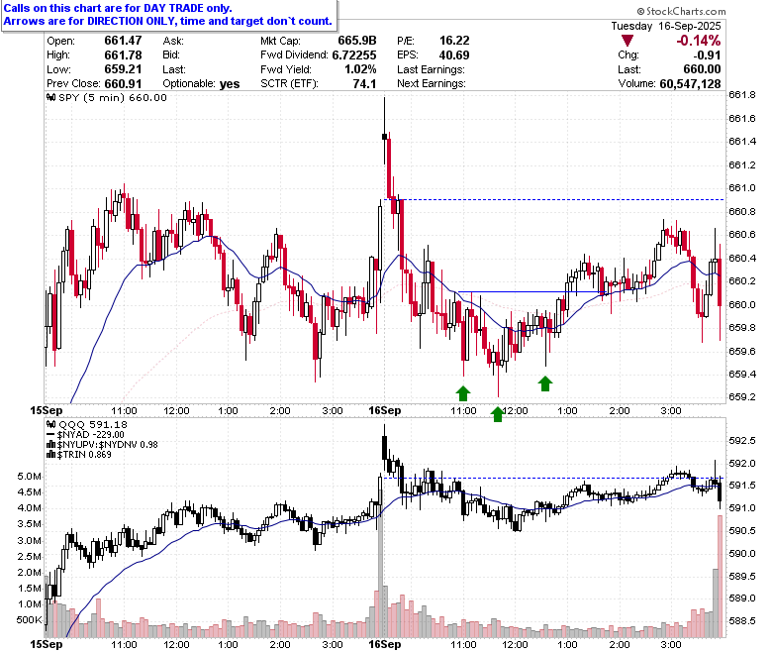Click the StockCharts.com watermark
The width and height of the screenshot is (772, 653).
point(681,11)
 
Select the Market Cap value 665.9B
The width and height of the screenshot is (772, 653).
point(357,41)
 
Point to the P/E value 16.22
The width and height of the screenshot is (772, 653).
point(454,41)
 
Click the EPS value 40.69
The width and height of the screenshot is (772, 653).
point(454,55)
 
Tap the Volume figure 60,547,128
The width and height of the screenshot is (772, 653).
point(690,84)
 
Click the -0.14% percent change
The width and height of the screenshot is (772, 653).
point(698,41)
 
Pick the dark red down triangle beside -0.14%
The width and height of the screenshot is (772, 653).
point(627,41)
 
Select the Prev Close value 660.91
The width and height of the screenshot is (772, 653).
point(123,84)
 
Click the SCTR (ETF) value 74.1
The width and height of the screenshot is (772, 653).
point(364,84)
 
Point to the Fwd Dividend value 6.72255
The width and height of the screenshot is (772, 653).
point(354,55)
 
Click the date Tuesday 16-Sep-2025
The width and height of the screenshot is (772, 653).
point(666,26)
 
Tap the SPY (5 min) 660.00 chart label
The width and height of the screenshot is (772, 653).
point(106,97)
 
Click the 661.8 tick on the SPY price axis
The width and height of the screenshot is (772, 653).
point(742,94)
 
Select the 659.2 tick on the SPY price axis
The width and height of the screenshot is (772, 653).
point(742,397)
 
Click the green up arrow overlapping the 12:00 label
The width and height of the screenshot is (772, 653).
point(498,414)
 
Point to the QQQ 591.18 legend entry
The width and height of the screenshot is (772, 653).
point(87,424)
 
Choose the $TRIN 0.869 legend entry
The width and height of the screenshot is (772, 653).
point(79,455)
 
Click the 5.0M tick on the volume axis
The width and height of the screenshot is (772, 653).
point(29,477)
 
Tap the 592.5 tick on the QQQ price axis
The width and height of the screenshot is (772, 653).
point(742,441)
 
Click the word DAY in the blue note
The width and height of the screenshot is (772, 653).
point(156,8)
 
